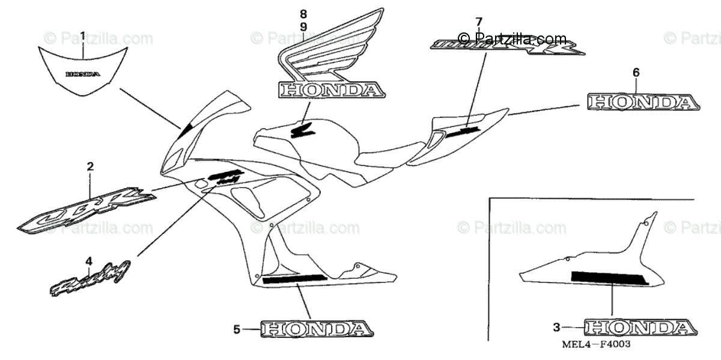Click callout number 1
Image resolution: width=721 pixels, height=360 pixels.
[83, 36]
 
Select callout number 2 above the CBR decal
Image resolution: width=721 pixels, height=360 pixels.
[90, 166]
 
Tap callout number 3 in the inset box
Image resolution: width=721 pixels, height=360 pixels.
[556, 328]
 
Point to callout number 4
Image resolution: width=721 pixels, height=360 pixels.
[89, 261]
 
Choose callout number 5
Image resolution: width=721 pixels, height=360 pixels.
[237, 329]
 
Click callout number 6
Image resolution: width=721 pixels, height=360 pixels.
[636, 73]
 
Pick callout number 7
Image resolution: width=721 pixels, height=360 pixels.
[479, 22]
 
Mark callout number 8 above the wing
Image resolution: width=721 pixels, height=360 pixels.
[303, 13]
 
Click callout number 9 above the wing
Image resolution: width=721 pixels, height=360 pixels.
[303, 26]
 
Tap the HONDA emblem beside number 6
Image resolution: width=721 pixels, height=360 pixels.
[640, 102]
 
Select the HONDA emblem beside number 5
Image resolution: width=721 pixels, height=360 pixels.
[316, 329]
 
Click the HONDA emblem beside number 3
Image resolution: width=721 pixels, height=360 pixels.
[640, 328]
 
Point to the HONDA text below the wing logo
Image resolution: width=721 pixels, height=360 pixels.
[330, 90]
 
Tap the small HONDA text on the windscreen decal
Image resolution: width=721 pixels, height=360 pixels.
[83, 75]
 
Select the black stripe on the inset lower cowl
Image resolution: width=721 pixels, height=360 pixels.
[609, 278]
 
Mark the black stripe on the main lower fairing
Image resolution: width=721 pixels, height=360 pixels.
[294, 278]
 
